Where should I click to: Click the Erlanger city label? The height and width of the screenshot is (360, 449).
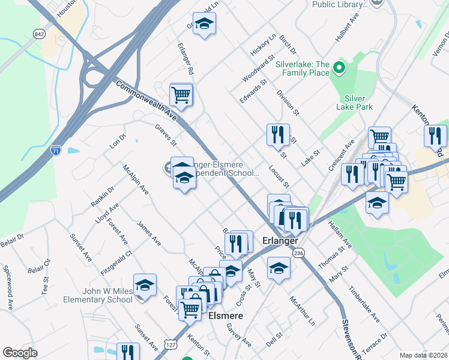[280, 241]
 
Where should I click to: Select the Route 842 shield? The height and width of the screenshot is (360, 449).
[40, 34]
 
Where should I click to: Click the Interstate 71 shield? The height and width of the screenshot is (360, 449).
[55, 148]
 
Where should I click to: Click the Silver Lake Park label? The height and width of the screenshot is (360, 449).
[358, 103]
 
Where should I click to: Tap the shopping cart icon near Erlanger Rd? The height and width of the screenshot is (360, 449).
[181, 95]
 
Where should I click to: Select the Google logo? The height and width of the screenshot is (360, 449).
[20, 353]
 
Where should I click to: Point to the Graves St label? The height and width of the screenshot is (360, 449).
[166, 136]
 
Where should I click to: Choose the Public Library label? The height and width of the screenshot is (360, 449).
[339, 4]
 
